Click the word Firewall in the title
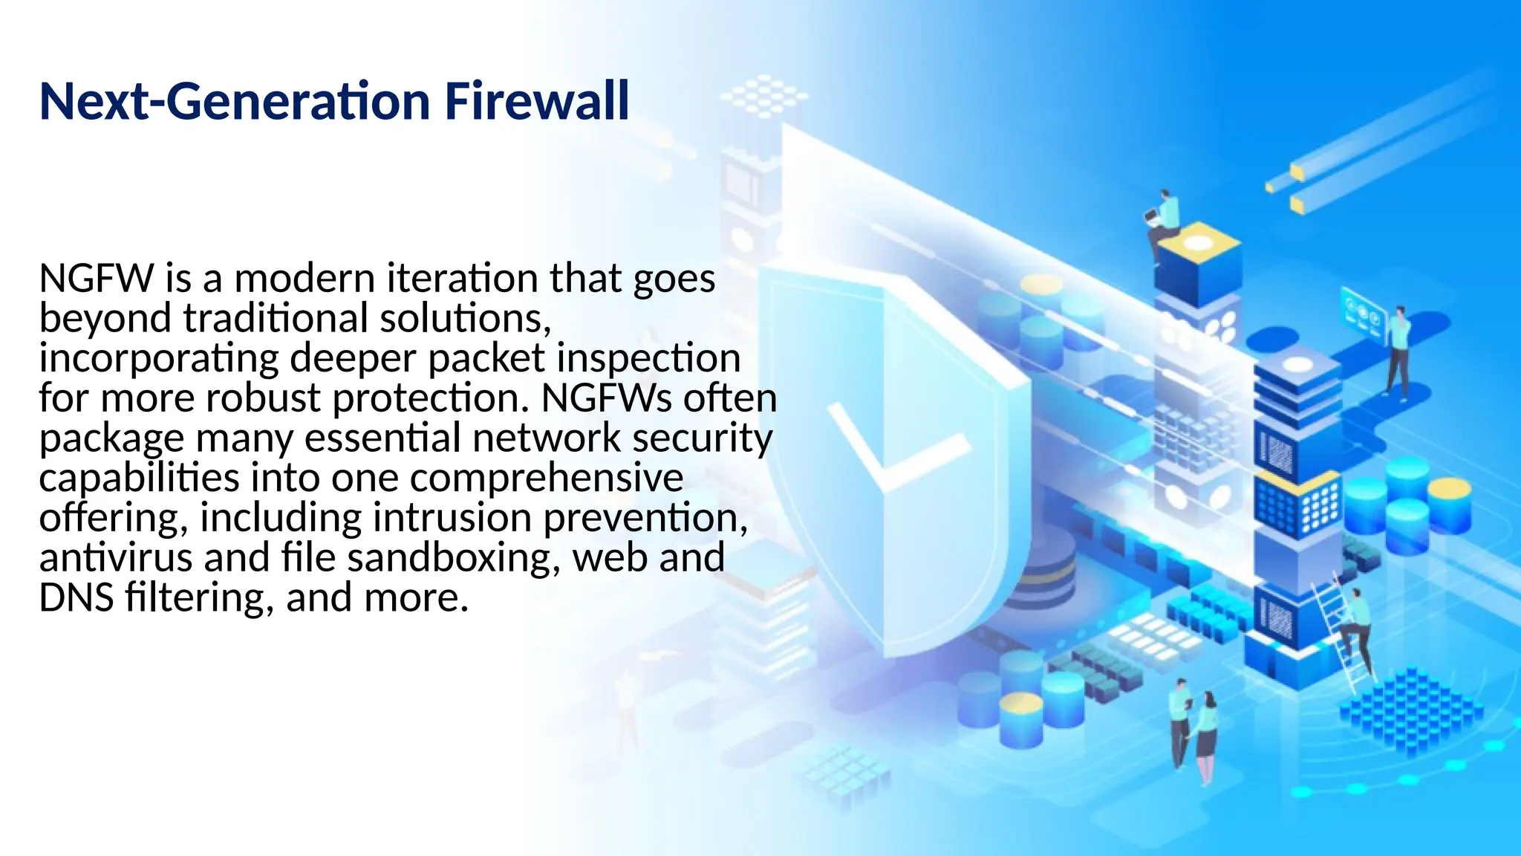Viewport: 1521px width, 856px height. click(x=536, y=101)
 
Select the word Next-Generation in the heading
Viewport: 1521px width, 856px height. click(x=235, y=101)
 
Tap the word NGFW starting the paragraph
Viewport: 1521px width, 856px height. click(x=96, y=279)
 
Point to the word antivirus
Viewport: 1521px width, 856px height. click(x=115, y=557)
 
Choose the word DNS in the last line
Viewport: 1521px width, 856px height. click(x=76, y=597)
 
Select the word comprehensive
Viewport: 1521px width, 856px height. click(x=547, y=478)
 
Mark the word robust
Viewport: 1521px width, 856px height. click(x=262, y=398)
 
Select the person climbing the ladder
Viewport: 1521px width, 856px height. click(x=1356, y=624)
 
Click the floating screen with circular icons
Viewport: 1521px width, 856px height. click(x=1364, y=312)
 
